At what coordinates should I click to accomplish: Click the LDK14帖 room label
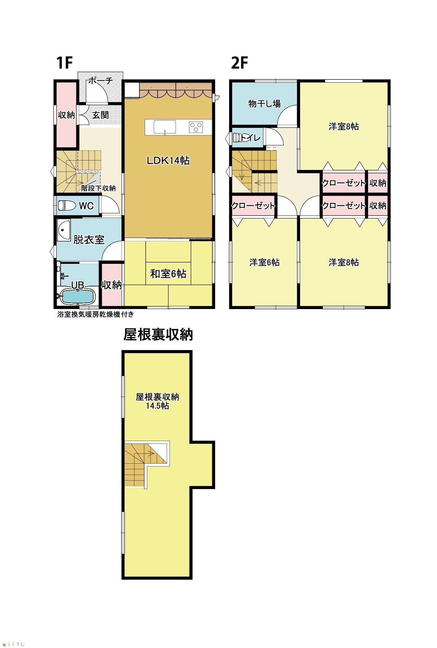click(168, 161)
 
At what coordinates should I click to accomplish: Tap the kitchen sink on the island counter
click(165, 127)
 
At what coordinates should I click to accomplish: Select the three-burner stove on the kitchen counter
click(196, 127)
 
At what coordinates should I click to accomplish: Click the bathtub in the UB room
click(78, 297)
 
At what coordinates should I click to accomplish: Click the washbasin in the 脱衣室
click(64, 230)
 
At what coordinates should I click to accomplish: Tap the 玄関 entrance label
click(100, 115)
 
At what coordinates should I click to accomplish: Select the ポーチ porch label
click(100, 81)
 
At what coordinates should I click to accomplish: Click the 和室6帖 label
click(168, 274)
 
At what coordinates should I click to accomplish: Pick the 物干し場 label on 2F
click(264, 104)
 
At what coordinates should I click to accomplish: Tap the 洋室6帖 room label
click(264, 262)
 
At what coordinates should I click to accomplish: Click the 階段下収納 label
click(98, 188)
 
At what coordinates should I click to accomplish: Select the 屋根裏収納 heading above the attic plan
click(158, 335)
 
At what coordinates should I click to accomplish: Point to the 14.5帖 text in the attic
click(157, 406)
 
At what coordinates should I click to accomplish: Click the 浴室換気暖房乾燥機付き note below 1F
click(96, 314)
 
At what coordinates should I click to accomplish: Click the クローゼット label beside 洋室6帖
click(253, 206)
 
